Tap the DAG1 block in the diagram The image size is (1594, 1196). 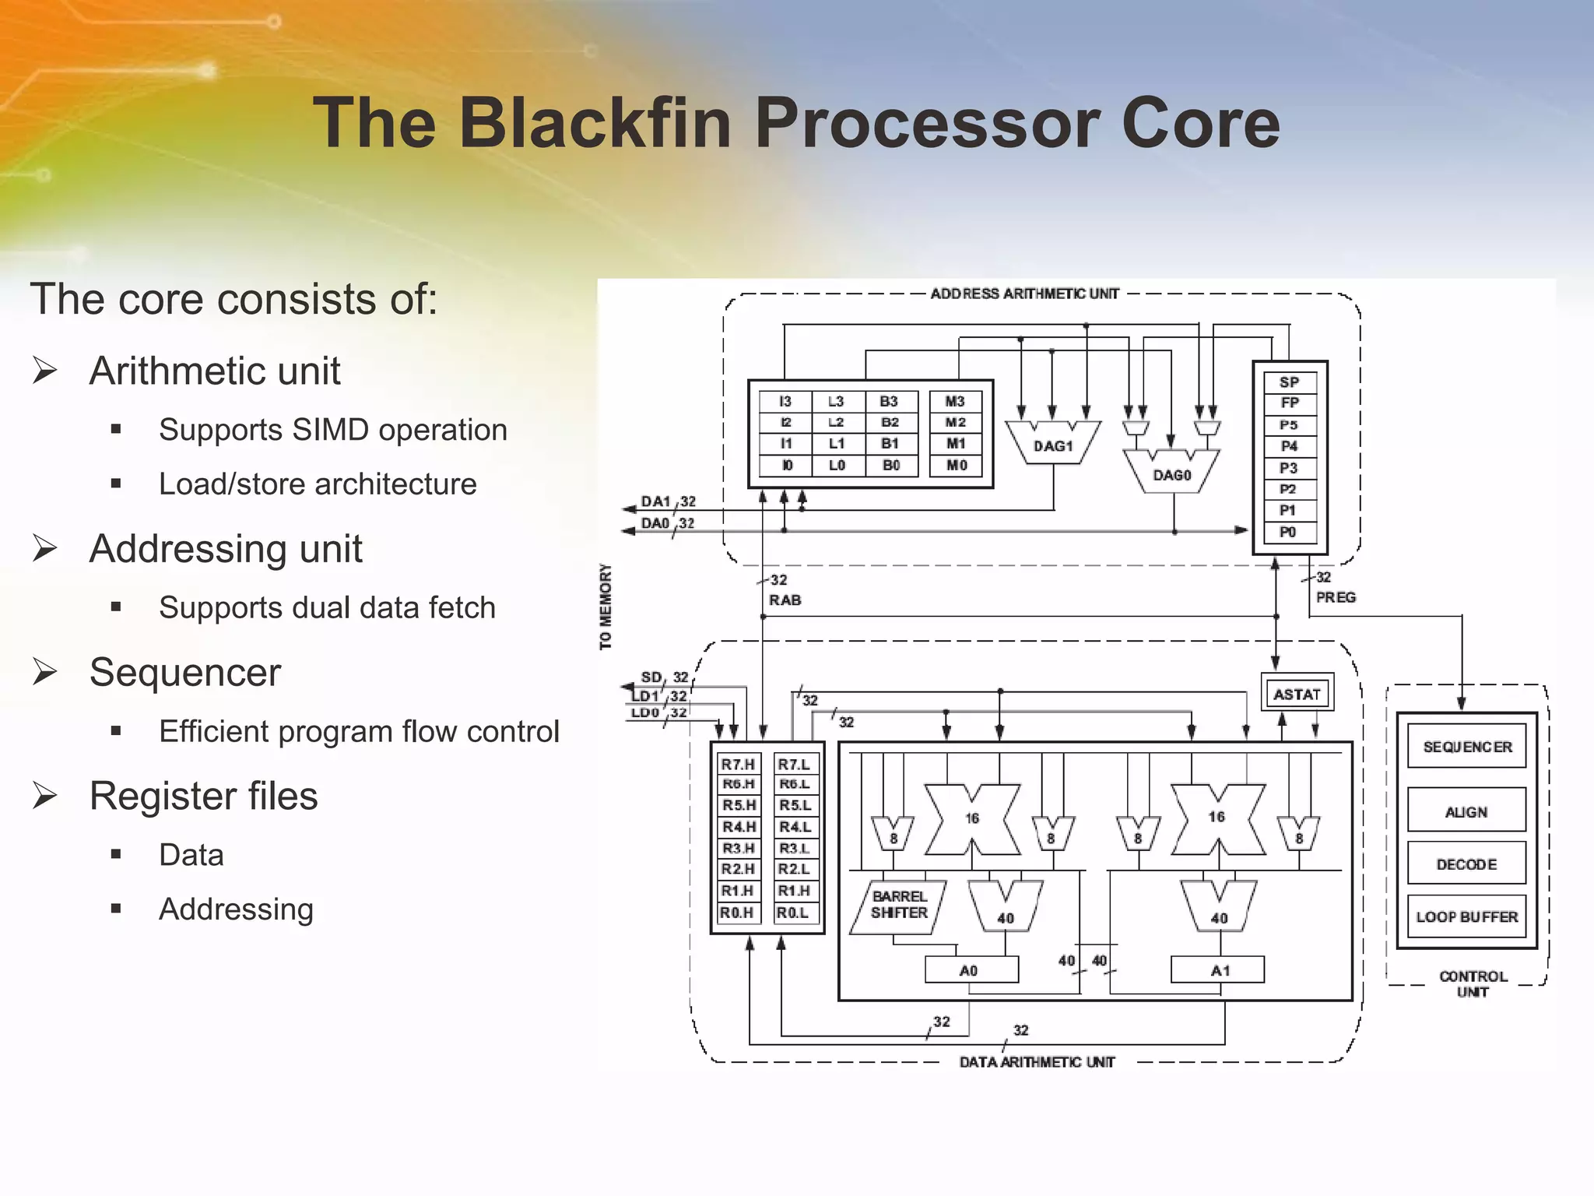1052,445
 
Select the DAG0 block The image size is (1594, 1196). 1171,474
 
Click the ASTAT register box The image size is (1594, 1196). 1297,694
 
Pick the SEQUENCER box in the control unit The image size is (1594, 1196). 1466,747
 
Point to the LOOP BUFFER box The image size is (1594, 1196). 1466,916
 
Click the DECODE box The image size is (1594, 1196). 1466,864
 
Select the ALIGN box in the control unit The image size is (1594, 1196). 1466,811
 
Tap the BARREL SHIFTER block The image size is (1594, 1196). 900,905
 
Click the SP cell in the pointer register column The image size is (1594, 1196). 1289,382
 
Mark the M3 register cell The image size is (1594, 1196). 955,402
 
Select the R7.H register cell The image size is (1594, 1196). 738,765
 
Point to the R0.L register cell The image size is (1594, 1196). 795,913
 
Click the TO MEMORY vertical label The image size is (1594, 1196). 606,607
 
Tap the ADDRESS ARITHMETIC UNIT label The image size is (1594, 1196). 1024,294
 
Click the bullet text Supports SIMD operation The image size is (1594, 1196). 332,430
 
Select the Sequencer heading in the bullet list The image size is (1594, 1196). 184,672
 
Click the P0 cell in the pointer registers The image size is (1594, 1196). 1289,532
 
